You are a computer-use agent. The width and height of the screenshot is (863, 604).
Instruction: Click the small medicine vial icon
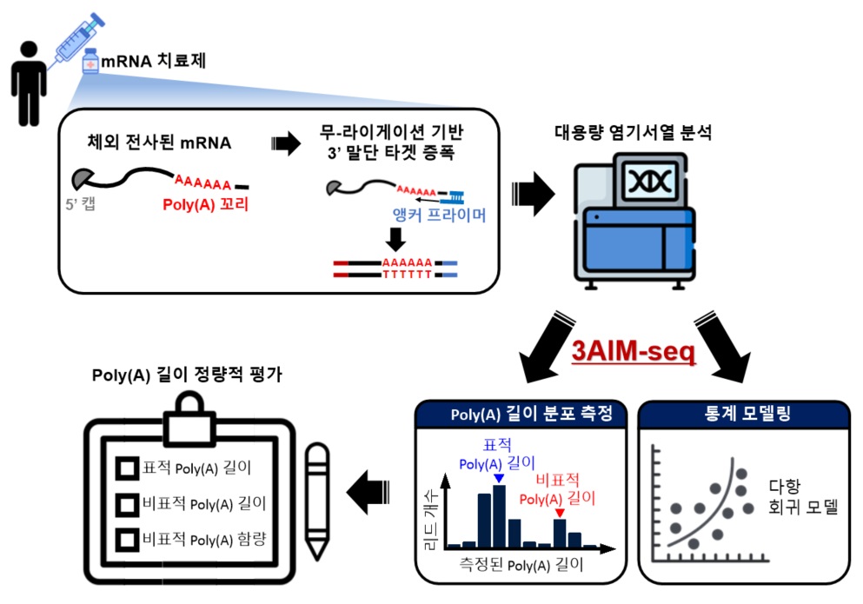[90, 63]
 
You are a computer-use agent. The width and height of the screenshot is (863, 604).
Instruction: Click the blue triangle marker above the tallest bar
[498, 478]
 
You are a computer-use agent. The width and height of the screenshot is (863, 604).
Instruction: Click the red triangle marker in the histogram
[559, 513]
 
